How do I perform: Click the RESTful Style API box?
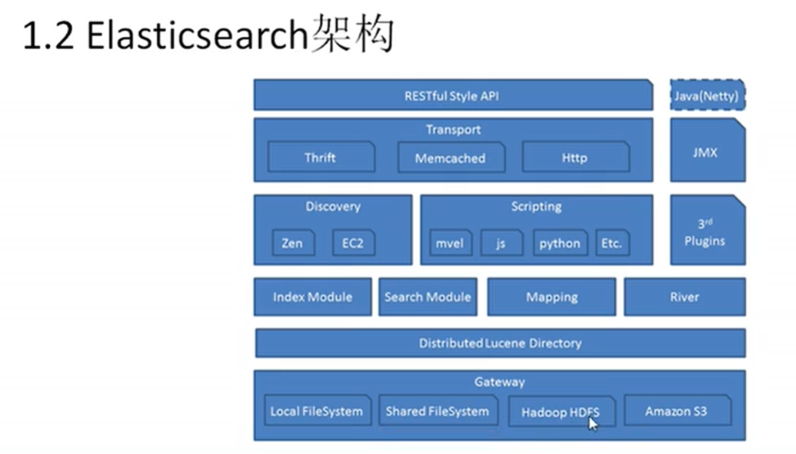452,96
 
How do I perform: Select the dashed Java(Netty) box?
707,96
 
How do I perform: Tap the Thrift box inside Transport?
321,157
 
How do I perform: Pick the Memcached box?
451,157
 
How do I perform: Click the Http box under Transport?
575,157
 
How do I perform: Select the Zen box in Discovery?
292,243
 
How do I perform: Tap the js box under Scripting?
501,243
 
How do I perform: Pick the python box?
560,243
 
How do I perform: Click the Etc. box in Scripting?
612,243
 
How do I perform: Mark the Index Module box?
312,297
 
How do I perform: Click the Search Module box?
428,297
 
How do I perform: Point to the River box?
684,297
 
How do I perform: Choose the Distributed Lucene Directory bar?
500,343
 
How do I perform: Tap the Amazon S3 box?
676,411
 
